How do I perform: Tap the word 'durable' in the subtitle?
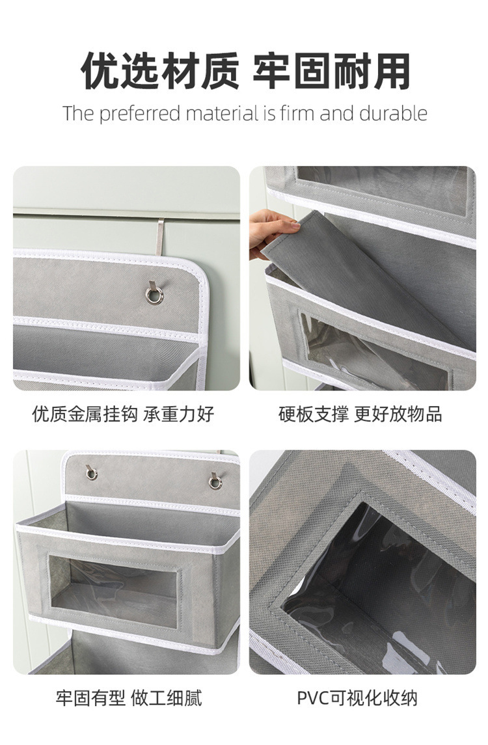click(x=392, y=114)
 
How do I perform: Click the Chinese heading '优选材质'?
click(x=160, y=71)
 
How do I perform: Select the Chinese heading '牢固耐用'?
click(x=331, y=71)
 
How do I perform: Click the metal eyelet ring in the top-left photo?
click(x=154, y=296)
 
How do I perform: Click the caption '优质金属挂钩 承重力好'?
click(x=124, y=414)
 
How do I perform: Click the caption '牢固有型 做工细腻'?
click(x=128, y=699)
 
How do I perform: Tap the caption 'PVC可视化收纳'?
click(x=357, y=699)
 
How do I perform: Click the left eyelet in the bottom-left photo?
click(x=92, y=472)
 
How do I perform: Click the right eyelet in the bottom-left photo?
click(x=215, y=481)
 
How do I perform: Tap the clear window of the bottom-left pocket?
click(x=115, y=592)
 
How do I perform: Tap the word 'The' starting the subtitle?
click(x=78, y=114)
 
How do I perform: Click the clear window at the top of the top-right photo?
click(x=384, y=189)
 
